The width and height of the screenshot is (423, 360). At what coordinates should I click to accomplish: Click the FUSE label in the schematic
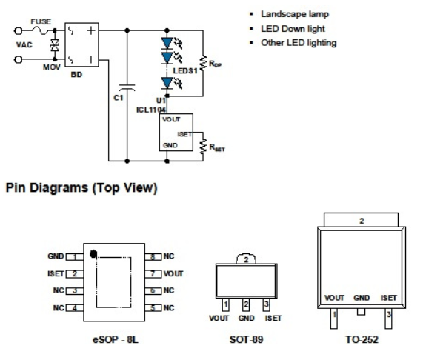[x=41, y=21]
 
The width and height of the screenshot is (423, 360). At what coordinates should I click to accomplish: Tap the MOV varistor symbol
[x=55, y=45]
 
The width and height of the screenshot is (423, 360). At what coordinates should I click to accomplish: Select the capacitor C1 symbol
[x=127, y=87]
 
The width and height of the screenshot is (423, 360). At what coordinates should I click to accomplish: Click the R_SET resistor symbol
[x=203, y=147]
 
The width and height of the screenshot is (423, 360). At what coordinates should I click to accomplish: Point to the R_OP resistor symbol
[x=203, y=62]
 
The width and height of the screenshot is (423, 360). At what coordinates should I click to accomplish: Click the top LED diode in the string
[x=167, y=43]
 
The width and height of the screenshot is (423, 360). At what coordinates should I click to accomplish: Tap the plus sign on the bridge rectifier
[x=91, y=30]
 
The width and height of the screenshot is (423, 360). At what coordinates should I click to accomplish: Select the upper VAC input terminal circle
[x=18, y=31]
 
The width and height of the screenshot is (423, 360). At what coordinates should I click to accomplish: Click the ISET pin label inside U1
[x=184, y=134]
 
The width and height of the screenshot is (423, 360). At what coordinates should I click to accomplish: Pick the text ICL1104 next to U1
[x=151, y=110]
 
